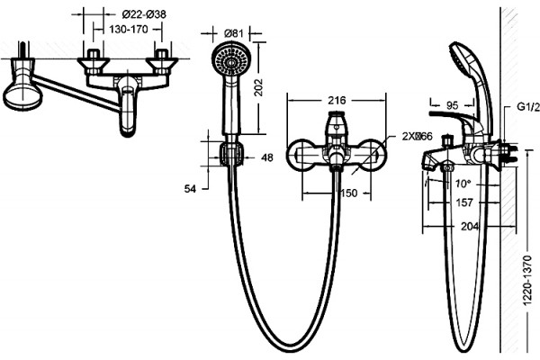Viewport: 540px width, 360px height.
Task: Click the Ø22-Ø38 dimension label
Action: click(x=144, y=14)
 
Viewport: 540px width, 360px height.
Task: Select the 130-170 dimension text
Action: click(x=129, y=30)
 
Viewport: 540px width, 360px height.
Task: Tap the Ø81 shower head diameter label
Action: click(x=234, y=33)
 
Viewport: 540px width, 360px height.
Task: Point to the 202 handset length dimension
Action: click(x=258, y=87)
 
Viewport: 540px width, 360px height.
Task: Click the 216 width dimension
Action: click(x=337, y=100)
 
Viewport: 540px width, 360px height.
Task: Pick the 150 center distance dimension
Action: click(x=349, y=193)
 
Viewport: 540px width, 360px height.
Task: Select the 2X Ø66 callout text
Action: click(x=417, y=137)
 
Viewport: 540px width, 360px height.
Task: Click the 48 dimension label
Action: click(x=267, y=157)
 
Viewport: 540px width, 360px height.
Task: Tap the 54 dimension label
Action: click(x=190, y=189)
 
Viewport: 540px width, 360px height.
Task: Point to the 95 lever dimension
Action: click(x=452, y=105)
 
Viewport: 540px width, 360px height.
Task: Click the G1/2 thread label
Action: click(x=528, y=107)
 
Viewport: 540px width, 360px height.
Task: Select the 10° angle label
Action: click(x=463, y=184)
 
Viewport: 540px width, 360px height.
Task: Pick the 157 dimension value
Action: click(x=464, y=202)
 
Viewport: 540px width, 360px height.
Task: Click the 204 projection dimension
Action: click(x=470, y=226)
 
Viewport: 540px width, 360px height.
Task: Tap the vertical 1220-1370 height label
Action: click(x=527, y=281)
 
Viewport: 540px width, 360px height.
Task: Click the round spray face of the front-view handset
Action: click(x=231, y=62)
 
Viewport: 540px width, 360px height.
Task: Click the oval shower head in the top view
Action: click(x=22, y=95)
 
